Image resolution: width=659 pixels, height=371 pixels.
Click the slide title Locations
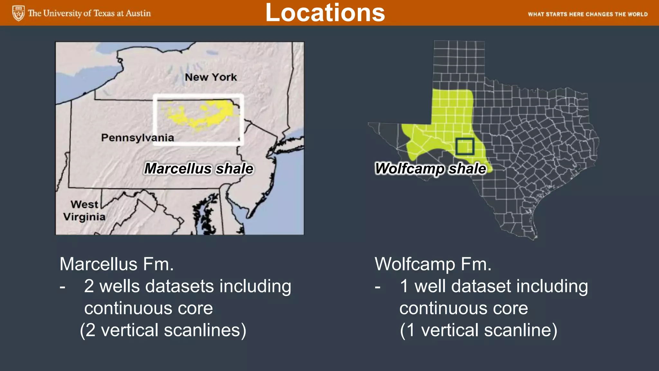[325, 13]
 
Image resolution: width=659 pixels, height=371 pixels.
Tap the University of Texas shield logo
[18, 13]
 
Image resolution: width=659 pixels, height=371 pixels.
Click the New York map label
[211, 77]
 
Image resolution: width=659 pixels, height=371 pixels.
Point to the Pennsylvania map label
[137, 138]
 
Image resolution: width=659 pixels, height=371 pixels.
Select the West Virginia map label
[84, 211]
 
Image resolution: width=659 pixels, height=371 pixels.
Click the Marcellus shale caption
[199, 168]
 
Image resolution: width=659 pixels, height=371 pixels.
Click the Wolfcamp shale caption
[431, 169]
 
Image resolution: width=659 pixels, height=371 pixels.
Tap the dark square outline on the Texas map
[465, 147]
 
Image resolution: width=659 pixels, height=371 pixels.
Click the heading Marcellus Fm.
[116, 264]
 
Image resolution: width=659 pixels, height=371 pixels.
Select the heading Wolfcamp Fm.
[433, 264]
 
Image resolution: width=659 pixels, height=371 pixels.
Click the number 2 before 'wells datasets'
[89, 286]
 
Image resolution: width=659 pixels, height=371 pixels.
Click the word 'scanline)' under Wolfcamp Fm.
[521, 330]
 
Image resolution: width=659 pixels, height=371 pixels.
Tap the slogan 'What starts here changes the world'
[588, 14]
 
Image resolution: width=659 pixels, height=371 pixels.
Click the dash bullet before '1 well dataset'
[377, 286]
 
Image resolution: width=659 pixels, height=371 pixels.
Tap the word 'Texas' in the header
[104, 13]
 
